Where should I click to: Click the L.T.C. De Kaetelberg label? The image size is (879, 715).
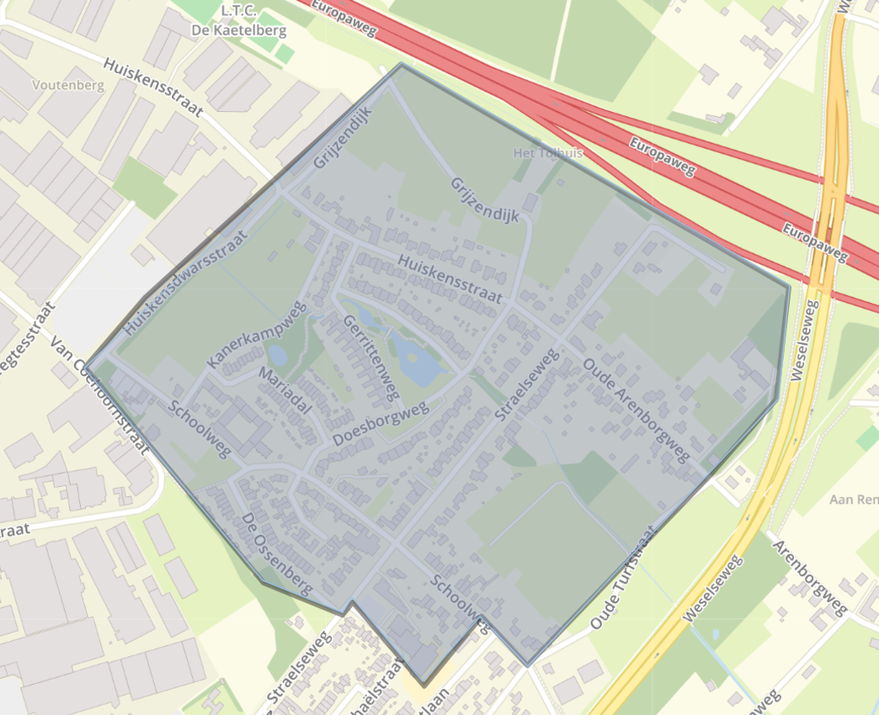pos(253,20)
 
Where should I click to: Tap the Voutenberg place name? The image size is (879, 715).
pos(67,85)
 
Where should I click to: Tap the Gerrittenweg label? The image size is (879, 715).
pos(370,357)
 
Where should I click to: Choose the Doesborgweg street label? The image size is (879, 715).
pos(381,423)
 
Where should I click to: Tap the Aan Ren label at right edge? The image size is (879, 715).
pos(854,500)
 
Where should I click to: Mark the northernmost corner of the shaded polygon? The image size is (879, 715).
pos(401,64)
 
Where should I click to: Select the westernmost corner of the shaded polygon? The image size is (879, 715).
pos(88,367)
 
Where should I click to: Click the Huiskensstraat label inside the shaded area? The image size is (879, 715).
pos(450,279)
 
